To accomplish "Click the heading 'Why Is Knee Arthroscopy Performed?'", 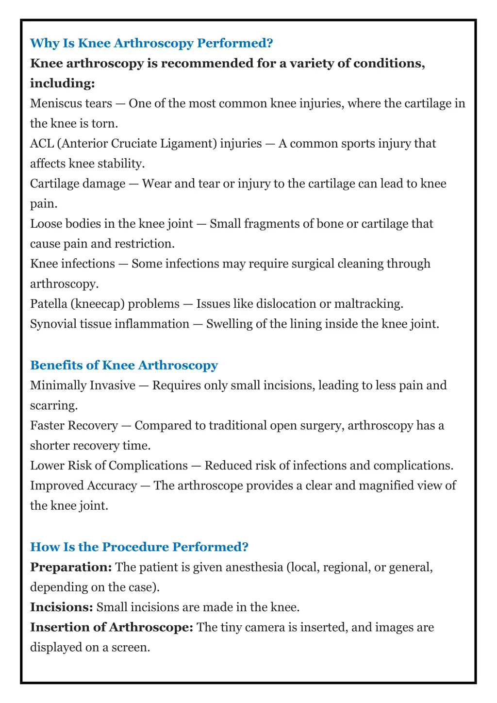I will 151,43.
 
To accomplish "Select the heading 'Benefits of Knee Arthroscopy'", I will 124,365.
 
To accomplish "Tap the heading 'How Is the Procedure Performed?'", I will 139,547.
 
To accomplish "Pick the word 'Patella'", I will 49,304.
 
